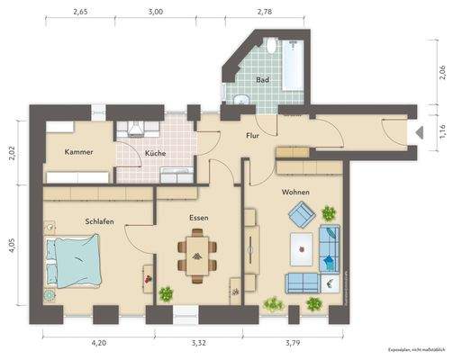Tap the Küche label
click(x=155, y=153)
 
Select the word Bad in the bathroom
click(x=262, y=80)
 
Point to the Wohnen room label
click(x=296, y=193)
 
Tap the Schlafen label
click(x=99, y=220)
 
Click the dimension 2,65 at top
click(x=80, y=13)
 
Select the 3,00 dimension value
click(x=155, y=13)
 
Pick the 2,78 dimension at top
click(x=264, y=13)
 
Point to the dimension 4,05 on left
click(x=13, y=246)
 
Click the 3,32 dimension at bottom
click(x=199, y=343)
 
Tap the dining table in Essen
click(x=196, y=249)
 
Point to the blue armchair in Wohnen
click(x=301, y=214)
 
